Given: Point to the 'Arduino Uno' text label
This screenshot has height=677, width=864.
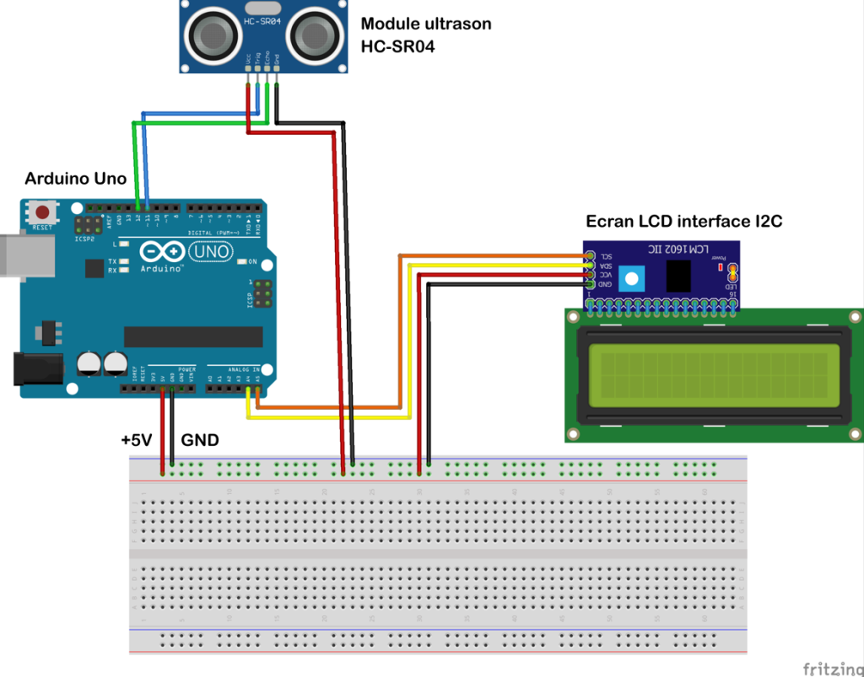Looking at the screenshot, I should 76,179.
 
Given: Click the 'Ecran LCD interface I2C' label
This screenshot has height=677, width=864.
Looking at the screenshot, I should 684,222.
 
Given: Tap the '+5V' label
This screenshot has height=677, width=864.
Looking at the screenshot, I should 136,440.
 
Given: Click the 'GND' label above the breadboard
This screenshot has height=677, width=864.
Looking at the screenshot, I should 200,440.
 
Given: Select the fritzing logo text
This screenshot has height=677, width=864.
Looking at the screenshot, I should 830,669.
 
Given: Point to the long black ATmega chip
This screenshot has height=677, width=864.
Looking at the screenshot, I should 193,336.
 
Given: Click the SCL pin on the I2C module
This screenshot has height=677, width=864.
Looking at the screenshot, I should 590,255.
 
